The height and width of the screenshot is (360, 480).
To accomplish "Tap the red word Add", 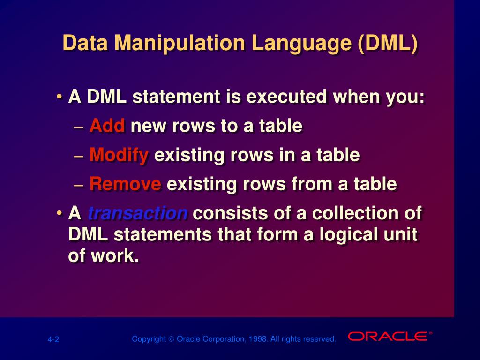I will click(107, 126).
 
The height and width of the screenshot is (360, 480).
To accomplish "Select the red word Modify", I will click(119, 155).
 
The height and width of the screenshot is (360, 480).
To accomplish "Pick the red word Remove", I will click(125, 184).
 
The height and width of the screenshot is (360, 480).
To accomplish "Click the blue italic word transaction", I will click(138, 213).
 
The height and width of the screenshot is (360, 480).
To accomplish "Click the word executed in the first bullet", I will click(287, 97).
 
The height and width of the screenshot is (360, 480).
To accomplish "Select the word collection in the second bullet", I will click(354, 213).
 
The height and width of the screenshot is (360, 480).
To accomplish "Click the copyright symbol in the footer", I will click(171, 339).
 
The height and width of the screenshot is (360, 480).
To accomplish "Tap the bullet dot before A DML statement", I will click(59, 97).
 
